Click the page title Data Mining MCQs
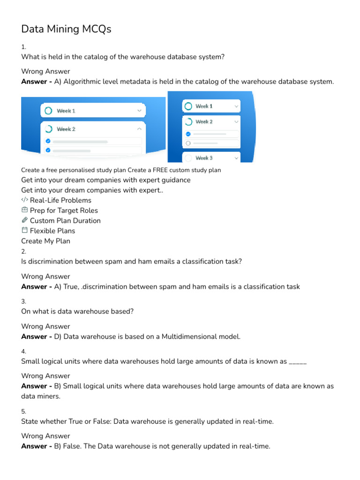click(x=66, y=29)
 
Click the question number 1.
click(x=24, y=47)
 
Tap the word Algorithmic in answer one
click(x=83, y=82)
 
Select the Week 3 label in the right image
click(x=204, y=158)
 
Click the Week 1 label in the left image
click(x=66, y=111)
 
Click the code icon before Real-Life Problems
click(x=25, y=200)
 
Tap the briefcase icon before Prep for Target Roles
click(x=25, y=210)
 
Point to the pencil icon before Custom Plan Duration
click(x=25, y=220)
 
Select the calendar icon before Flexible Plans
click(x=25, y=231)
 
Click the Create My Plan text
click(x=45, y=241)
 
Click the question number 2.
click(x=24, y=252)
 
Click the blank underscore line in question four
click(x=298, y=361)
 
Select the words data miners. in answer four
click(x=41, y=396)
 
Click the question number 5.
click(x=24, y=412)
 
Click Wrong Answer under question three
click(x=45, y=326)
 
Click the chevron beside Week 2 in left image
click(x=139, y=129)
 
